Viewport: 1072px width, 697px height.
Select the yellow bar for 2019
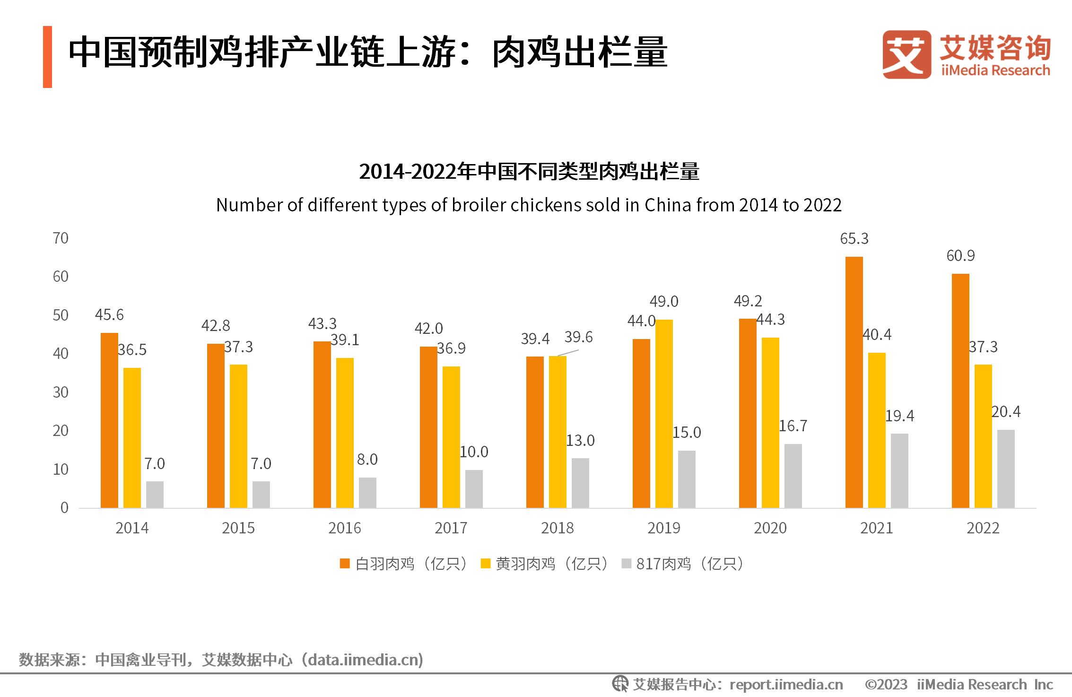664,414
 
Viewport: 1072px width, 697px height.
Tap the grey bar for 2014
155,495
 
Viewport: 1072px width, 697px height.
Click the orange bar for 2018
535,432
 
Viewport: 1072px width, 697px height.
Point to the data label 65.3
854,239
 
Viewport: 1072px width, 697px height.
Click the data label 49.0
664,302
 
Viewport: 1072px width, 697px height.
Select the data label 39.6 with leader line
578,337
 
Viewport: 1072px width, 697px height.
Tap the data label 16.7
793,426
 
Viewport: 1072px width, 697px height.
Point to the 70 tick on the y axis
61,238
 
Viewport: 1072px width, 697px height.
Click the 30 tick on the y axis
61,392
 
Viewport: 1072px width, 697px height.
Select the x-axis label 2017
451,528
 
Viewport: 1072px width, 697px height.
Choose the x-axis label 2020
770,528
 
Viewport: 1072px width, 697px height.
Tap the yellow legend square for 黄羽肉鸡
485,564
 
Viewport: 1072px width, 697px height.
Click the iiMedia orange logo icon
906,54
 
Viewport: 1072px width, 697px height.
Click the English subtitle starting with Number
529,205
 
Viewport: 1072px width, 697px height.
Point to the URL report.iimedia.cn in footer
786,685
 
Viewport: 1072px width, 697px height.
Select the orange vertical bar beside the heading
47,57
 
